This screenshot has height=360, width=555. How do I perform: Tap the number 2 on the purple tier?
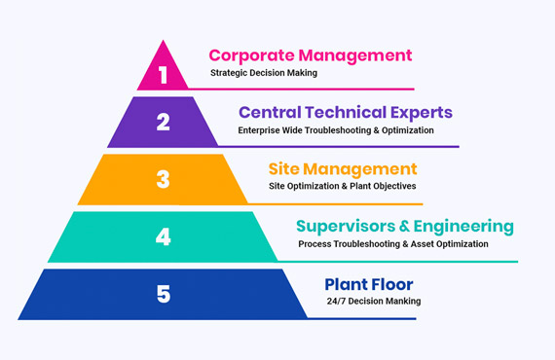[x=163, y=123]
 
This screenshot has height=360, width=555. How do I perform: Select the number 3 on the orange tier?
[x=163, y=180]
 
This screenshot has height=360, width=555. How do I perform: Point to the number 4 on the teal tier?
[x=163, y=235]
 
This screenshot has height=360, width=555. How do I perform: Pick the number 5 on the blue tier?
[x=163, y=292]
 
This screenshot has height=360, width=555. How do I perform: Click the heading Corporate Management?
[x=310, y=55]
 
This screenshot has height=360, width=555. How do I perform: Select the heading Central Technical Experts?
[x=345, y=113]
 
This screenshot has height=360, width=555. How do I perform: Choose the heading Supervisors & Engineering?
[x=404, y=227]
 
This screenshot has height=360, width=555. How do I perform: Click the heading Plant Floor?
[x=369, y=284]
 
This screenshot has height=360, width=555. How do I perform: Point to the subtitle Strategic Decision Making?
[x=264, y=73]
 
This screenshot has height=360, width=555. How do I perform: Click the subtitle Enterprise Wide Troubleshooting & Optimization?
[x=336, y=129]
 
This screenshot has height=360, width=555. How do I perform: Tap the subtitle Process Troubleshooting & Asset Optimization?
[x=393, y=243]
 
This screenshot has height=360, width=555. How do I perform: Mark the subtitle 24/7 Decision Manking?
[x=374, y=301]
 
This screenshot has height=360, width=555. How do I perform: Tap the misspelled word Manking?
[x=401, y=301]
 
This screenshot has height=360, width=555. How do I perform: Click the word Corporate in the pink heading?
[x=250, y=55]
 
